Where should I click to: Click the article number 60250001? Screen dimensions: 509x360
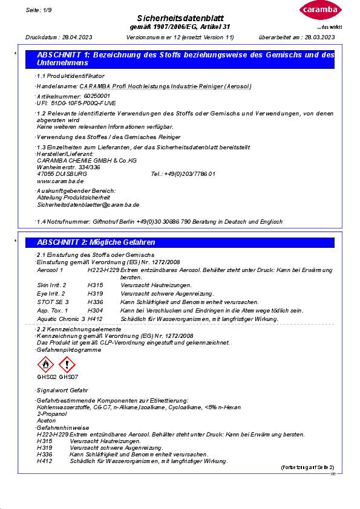(x=97, y=96)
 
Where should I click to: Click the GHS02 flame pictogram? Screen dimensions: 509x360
(x=46, y=365)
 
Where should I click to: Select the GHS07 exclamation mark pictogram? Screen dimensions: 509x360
(x=67, y=365)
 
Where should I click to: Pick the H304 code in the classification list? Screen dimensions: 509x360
(x=95, y=310)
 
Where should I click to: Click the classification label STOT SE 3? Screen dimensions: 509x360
(x=53, y=301)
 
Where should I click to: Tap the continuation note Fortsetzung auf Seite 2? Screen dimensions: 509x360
(x=307, y=468)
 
